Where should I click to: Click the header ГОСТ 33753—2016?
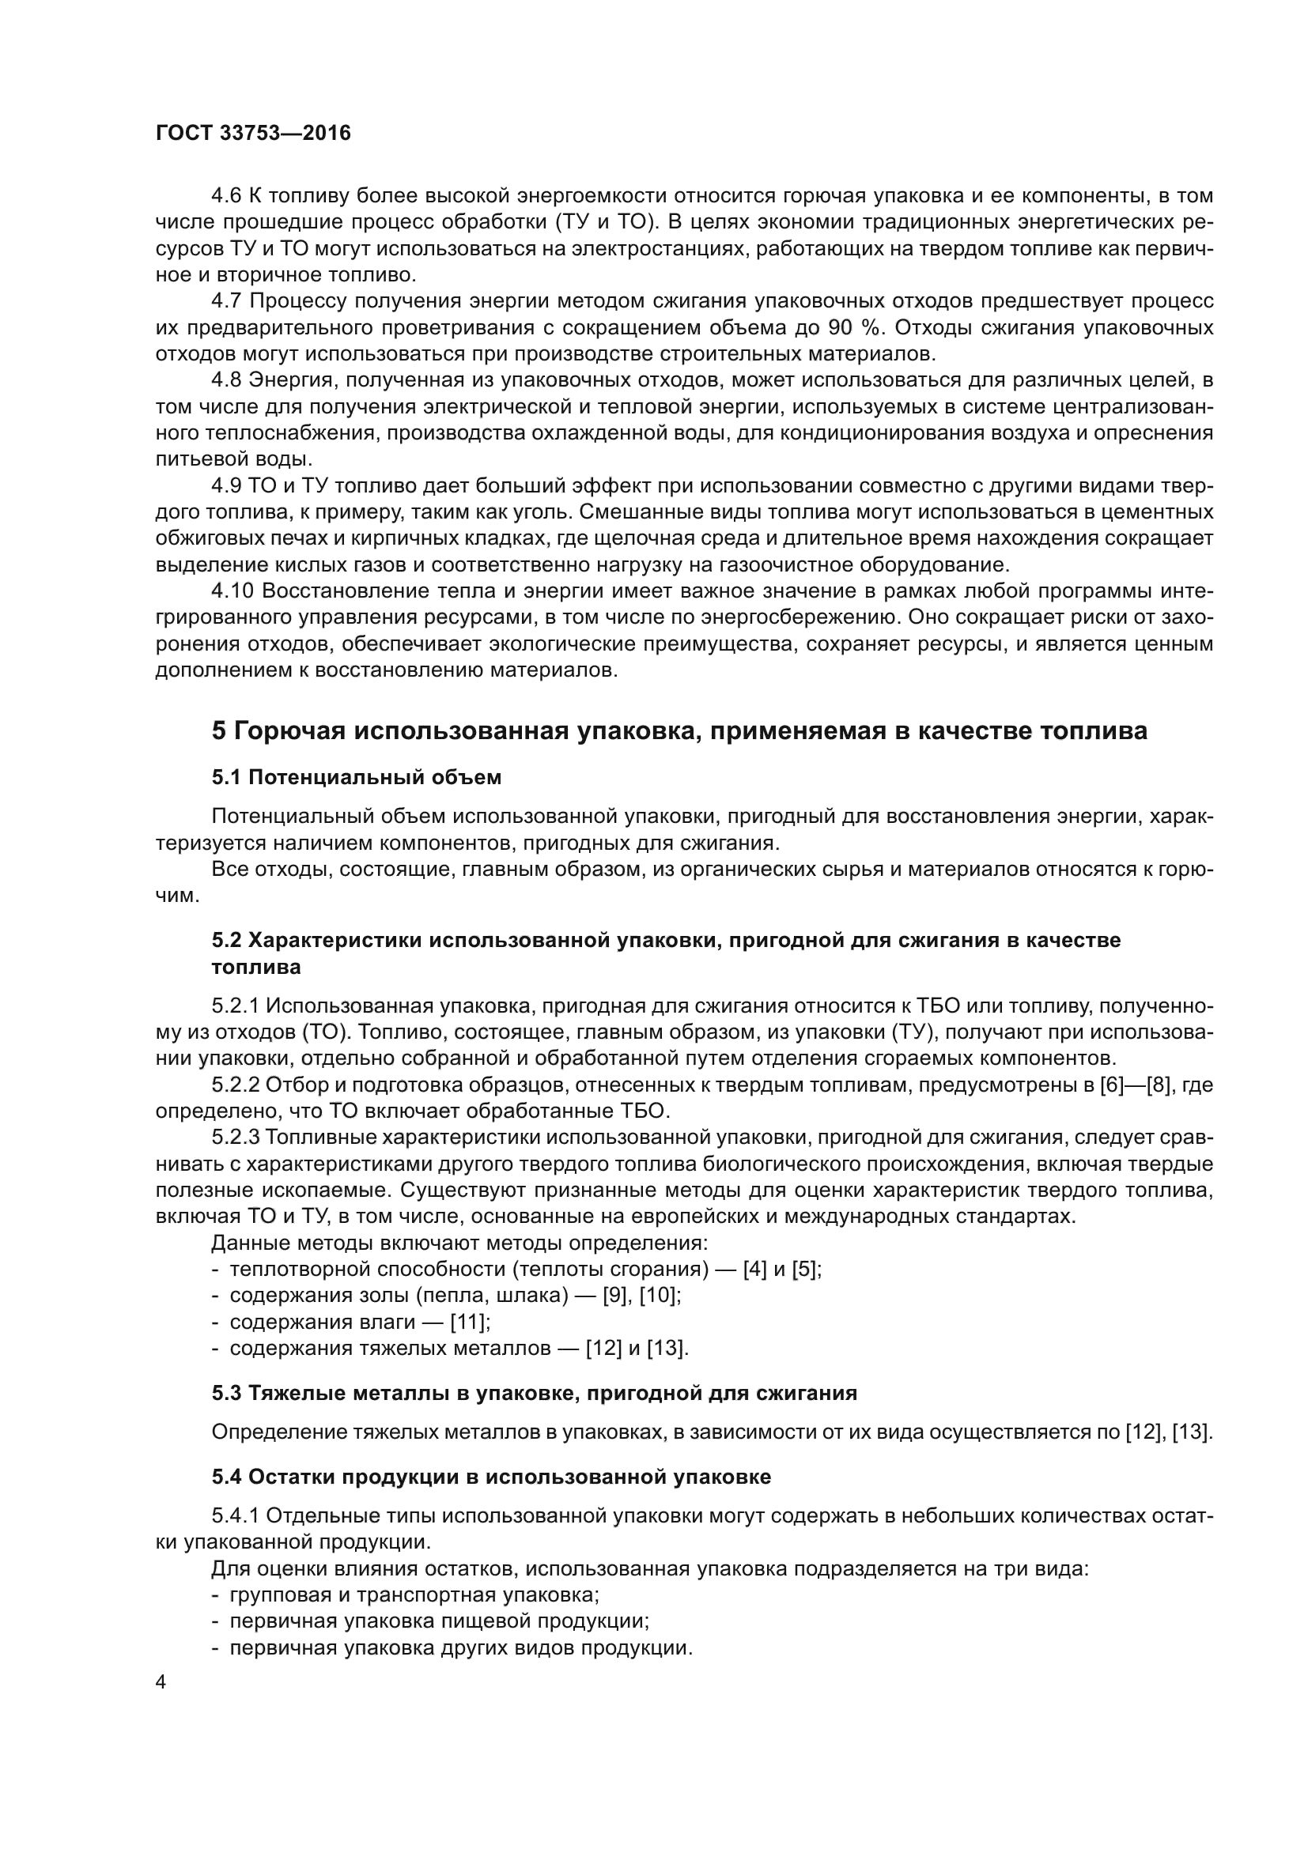[x=253, y=134]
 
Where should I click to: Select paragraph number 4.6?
[x=226, y=196]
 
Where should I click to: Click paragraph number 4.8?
[x=226, y=380]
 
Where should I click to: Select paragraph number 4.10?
[x=232, y=591]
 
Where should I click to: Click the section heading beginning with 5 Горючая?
[x=679, y=730]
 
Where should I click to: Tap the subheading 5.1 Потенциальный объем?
[x=356, y=777]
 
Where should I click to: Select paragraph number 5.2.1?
[x=235, y=1006]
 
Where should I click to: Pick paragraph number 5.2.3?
[x=235, y=1137]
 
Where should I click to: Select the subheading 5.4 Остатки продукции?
[x=491, y=1476]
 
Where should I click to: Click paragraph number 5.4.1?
[x=235, y=1515]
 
